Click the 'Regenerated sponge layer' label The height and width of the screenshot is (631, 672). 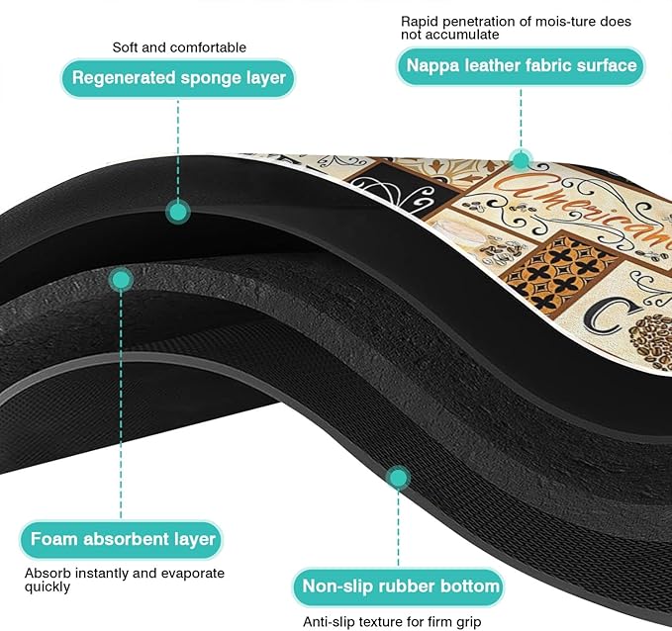(178, 78)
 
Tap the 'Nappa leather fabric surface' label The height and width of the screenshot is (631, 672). (521, 66)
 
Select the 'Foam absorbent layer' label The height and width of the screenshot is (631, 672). (122, 539)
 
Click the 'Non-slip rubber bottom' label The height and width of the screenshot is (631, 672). (399, 586)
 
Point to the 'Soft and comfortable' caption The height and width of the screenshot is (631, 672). (179, 47)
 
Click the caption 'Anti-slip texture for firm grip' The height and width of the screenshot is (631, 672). (392, 621)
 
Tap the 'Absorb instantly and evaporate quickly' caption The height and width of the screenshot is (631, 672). (125, 580)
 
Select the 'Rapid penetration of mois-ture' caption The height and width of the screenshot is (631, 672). (516, 28)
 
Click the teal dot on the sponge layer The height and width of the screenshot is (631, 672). (178, 212)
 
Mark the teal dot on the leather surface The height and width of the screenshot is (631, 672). (522, 160)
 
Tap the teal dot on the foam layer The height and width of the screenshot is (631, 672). (121, 280)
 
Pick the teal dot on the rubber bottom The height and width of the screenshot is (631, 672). (398, 478)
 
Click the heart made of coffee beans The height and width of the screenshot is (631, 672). (651, 341)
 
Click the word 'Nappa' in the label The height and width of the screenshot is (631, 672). (432, 66)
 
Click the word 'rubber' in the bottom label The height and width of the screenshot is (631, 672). (406, 586)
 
